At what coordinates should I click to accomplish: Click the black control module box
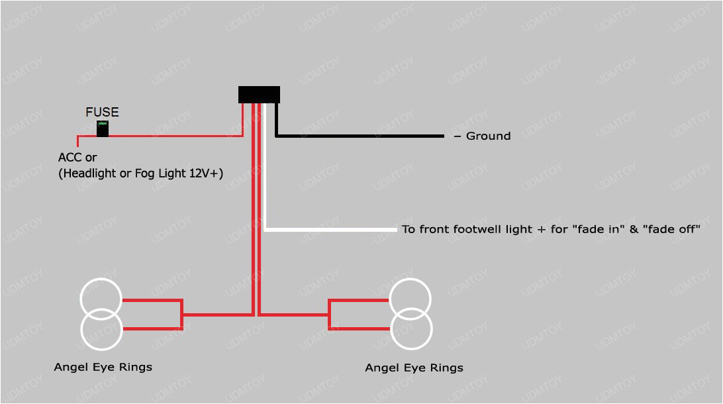[259, 95]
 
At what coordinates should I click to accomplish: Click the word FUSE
[102, 113]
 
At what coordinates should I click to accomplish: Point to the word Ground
[488, 136]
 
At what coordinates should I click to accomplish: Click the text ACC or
[77, 158]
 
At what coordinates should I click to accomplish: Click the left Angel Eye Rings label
[103, 367]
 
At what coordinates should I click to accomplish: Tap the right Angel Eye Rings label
[414, 368]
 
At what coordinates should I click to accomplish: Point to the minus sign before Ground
[457, 136]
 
